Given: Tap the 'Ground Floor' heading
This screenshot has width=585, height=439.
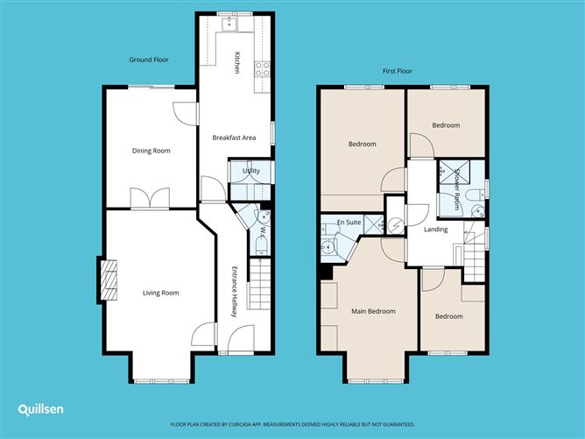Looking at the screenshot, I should tap(149, 60).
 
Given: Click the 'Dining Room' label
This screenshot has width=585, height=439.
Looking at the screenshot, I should tap(151, 151).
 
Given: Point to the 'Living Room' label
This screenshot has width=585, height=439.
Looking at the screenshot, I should tap(160, 293).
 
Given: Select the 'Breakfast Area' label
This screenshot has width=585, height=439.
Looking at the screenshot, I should tap(234, 138).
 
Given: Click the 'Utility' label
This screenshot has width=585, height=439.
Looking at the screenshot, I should tap(251, 172).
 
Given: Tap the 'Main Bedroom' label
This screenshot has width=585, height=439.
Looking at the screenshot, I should tap(373, 311).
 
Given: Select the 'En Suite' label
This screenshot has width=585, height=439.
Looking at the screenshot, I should tap(348, 224).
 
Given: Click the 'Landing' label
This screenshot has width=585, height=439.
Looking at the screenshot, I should tap(435, 230).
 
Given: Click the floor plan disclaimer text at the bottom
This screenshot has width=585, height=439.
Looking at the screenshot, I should tap(292, 422).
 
